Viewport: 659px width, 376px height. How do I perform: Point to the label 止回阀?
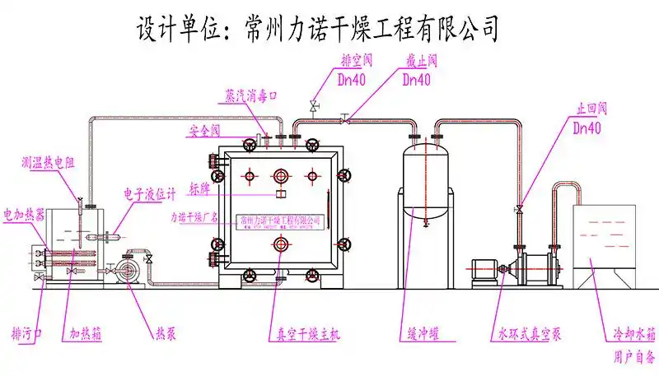(x=591, y=107)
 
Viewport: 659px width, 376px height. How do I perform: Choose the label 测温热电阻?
(x=49, y=163)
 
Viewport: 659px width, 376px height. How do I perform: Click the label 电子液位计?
(x=150, y=194)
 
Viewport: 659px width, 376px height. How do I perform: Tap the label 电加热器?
(x=25, y=215)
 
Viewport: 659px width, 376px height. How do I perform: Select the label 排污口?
(x=27, y=334)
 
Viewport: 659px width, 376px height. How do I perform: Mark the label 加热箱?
(x=86, y=334)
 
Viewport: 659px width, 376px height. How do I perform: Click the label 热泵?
(x=166, y=334)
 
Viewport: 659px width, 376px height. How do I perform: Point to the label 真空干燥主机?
(x=303, y=335)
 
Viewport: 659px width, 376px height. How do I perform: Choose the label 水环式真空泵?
(x=529, y=335)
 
